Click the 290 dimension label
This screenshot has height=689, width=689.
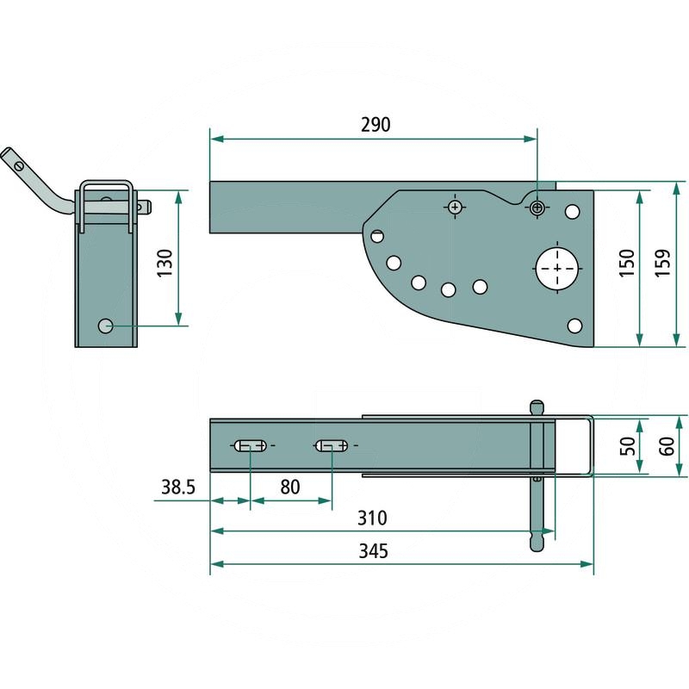(x=376, y=124)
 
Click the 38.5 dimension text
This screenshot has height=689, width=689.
(x=179, y=487)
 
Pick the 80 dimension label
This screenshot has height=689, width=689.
(x=289, y=487)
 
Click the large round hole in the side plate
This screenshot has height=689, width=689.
(x=558, y=269)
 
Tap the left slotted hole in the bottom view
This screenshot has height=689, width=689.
(x=250, y=445)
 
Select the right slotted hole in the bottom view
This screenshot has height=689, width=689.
(x=332, y=445)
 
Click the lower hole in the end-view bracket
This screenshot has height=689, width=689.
(x=106, y=326)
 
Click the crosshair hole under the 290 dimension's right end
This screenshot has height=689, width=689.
(x=537, y=207)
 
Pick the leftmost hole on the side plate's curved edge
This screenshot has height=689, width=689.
(x=377, y=235)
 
